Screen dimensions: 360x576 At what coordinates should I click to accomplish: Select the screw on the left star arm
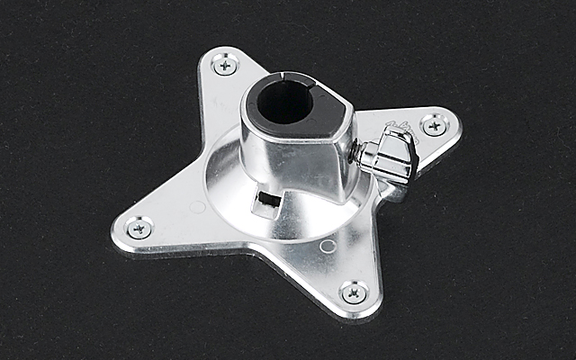click(x=138, y=228)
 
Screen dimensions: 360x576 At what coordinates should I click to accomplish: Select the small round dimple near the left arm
click(x=198, y=206)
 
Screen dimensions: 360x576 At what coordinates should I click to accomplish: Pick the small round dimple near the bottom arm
click(x=328, y=244)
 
